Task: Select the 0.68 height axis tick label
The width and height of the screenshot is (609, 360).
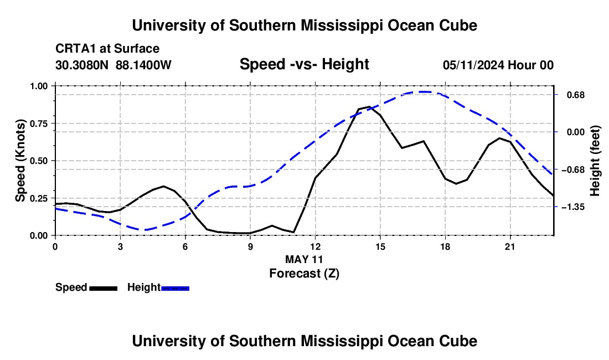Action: (576, 95)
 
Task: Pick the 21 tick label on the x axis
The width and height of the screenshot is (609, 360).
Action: (509, 246)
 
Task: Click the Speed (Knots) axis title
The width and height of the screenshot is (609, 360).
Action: (20, 161)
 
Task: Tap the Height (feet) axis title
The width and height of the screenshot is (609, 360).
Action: (595, 161)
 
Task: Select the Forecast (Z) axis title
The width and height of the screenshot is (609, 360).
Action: (304, 274)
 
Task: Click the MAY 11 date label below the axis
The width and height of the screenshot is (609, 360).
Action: (304, 259)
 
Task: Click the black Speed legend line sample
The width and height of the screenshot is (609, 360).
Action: (104, 288)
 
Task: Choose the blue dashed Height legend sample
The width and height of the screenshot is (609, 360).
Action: (175, 288)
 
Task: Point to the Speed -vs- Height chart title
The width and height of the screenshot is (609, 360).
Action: (304, 64)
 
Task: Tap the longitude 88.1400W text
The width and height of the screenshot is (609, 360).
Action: (143, 65)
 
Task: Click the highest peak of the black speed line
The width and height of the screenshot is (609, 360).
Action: (369, 106)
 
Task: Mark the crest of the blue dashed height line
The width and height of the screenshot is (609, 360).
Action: (424, 91)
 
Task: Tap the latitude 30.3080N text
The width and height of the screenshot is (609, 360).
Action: (82, 65)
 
